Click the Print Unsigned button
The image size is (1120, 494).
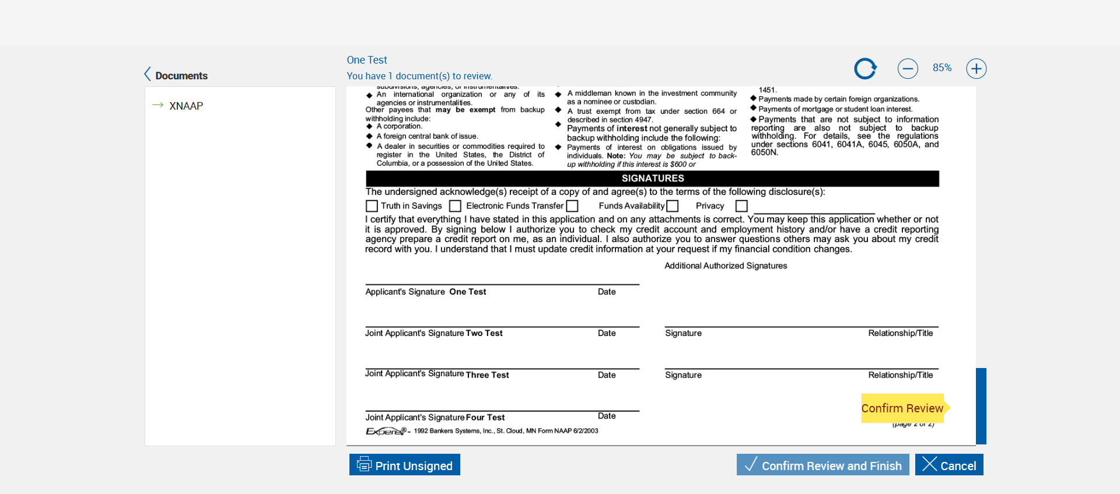[x=405, y=465]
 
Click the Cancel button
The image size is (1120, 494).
[x=949, y=465]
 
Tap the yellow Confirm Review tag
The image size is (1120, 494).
[x=902, y=408]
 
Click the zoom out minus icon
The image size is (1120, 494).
[x=908, y=69]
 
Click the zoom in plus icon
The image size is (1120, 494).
[x=976, y=69]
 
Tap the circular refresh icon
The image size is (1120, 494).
[x=865, y=69]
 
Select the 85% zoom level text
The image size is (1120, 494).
[x=942, y=68]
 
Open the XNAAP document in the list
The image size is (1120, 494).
[x=186, y=106]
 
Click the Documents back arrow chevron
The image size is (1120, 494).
[x=148, y=74]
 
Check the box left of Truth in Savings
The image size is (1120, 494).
[x=372, y=206]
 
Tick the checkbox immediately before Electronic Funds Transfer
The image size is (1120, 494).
[x=456, y=206]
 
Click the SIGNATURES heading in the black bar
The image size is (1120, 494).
[x=652, y=178]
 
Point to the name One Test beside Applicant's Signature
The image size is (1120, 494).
[x=467, y=292]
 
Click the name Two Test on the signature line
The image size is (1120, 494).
[x=484, y=333]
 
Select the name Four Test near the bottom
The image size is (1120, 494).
[x=485, y=418]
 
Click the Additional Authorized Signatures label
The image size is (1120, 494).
[x=726, y=266]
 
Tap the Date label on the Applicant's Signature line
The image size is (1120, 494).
[x=607, y=292]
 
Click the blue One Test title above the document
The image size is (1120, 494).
[x=367, y=60]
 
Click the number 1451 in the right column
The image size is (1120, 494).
[x=767, y=90]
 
